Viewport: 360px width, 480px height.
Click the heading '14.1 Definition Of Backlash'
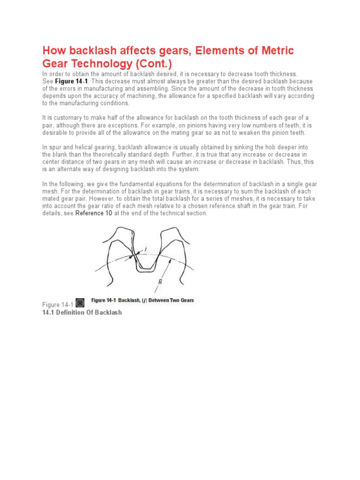82,312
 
